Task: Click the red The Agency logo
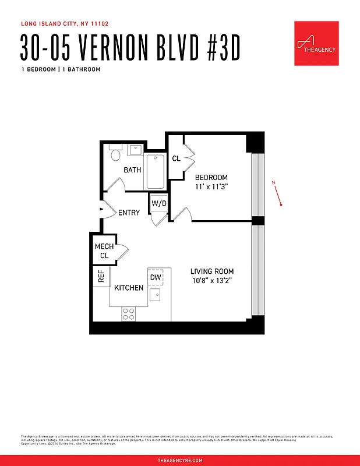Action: [316, 44]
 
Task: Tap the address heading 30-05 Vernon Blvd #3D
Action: [130, 48]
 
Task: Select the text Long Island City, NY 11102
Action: [65, 24]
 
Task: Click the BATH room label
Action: [132, 170]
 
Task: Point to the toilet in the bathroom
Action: [115, 154]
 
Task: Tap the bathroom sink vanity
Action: [135, 150]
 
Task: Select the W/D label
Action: [158, 203]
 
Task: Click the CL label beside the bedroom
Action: [176, 158]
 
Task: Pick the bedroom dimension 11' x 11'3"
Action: [211, 188]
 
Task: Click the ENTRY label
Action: [129, 213]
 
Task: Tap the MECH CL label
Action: [104, 251]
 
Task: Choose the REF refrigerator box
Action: [101, 277]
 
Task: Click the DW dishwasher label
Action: [155, 277]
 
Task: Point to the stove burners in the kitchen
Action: [129, 314]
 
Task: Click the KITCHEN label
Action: [129, 288]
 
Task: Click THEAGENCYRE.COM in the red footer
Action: [180, 460]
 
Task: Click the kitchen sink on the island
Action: [156, 295]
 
